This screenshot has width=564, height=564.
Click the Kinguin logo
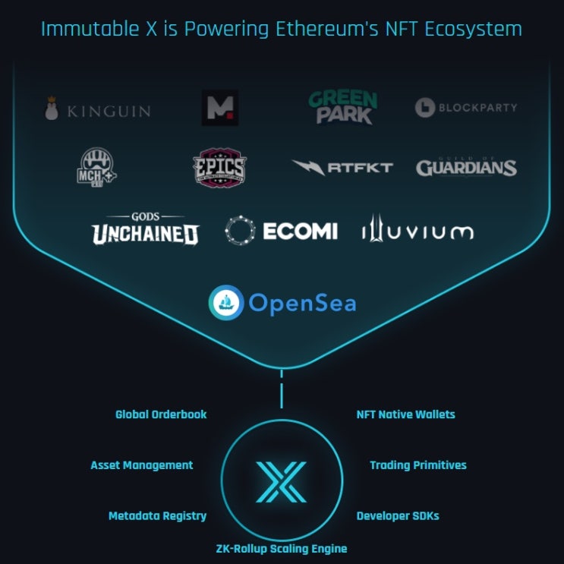(x=97, y=110)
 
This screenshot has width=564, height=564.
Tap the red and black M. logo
(x=220, y=108)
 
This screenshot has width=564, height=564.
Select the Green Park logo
(x=342, y=107)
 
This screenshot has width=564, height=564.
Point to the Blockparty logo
(x=466, y=108)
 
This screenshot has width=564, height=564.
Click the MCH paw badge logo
(x=97, y=166)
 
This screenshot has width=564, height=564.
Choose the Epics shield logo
(x=219, y=167)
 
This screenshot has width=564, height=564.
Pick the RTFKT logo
(x=342, y=167)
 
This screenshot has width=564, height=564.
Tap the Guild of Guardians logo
(x=466, y=167)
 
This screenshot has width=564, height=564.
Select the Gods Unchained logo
(x=145, y=228)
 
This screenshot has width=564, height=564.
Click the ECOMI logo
(x=281, y=231)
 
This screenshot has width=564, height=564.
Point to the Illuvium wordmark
(x=417, y=230)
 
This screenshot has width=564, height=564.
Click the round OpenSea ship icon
(x=225, y=302)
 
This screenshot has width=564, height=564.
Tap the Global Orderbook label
(x=161, y=414)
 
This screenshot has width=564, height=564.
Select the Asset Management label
(x=142, y=465)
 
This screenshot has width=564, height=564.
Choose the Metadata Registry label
(x=157, y=515)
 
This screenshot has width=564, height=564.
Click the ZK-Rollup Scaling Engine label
(x=282, y=548)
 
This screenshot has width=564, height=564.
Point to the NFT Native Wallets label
(x=405, y=414)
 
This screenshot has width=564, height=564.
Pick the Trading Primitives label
(x=418, y=465)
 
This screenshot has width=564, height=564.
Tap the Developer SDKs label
(x=398, y=515)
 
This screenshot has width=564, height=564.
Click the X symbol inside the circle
(x=281, y=481)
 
